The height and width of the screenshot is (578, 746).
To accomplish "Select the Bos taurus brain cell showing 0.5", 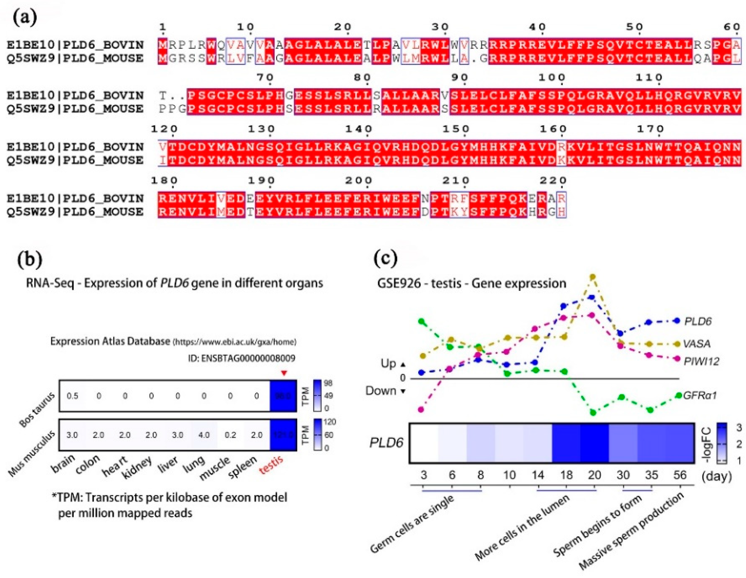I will (73, 396).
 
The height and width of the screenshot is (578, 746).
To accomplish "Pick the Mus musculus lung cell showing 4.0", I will (204, 435).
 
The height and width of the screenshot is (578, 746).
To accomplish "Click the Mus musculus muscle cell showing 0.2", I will (230, 435).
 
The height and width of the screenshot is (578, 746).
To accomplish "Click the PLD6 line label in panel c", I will (698, 321).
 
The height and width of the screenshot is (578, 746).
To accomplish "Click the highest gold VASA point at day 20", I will (593, 276).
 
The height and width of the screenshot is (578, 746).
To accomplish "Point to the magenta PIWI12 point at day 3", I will (421, 409).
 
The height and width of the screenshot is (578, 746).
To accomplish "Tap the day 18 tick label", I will (566, 475).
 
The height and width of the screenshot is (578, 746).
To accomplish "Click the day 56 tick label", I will (679, 475).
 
